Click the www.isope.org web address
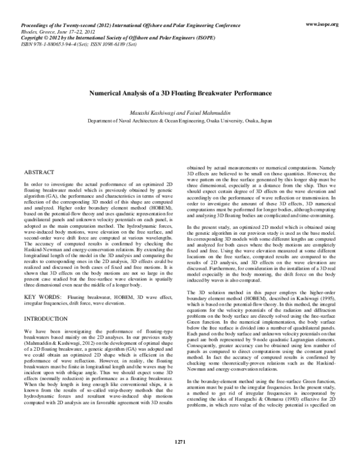tap(322, 25)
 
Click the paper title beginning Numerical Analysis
tap(180, 94)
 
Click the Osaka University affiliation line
tap(180, 121)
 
